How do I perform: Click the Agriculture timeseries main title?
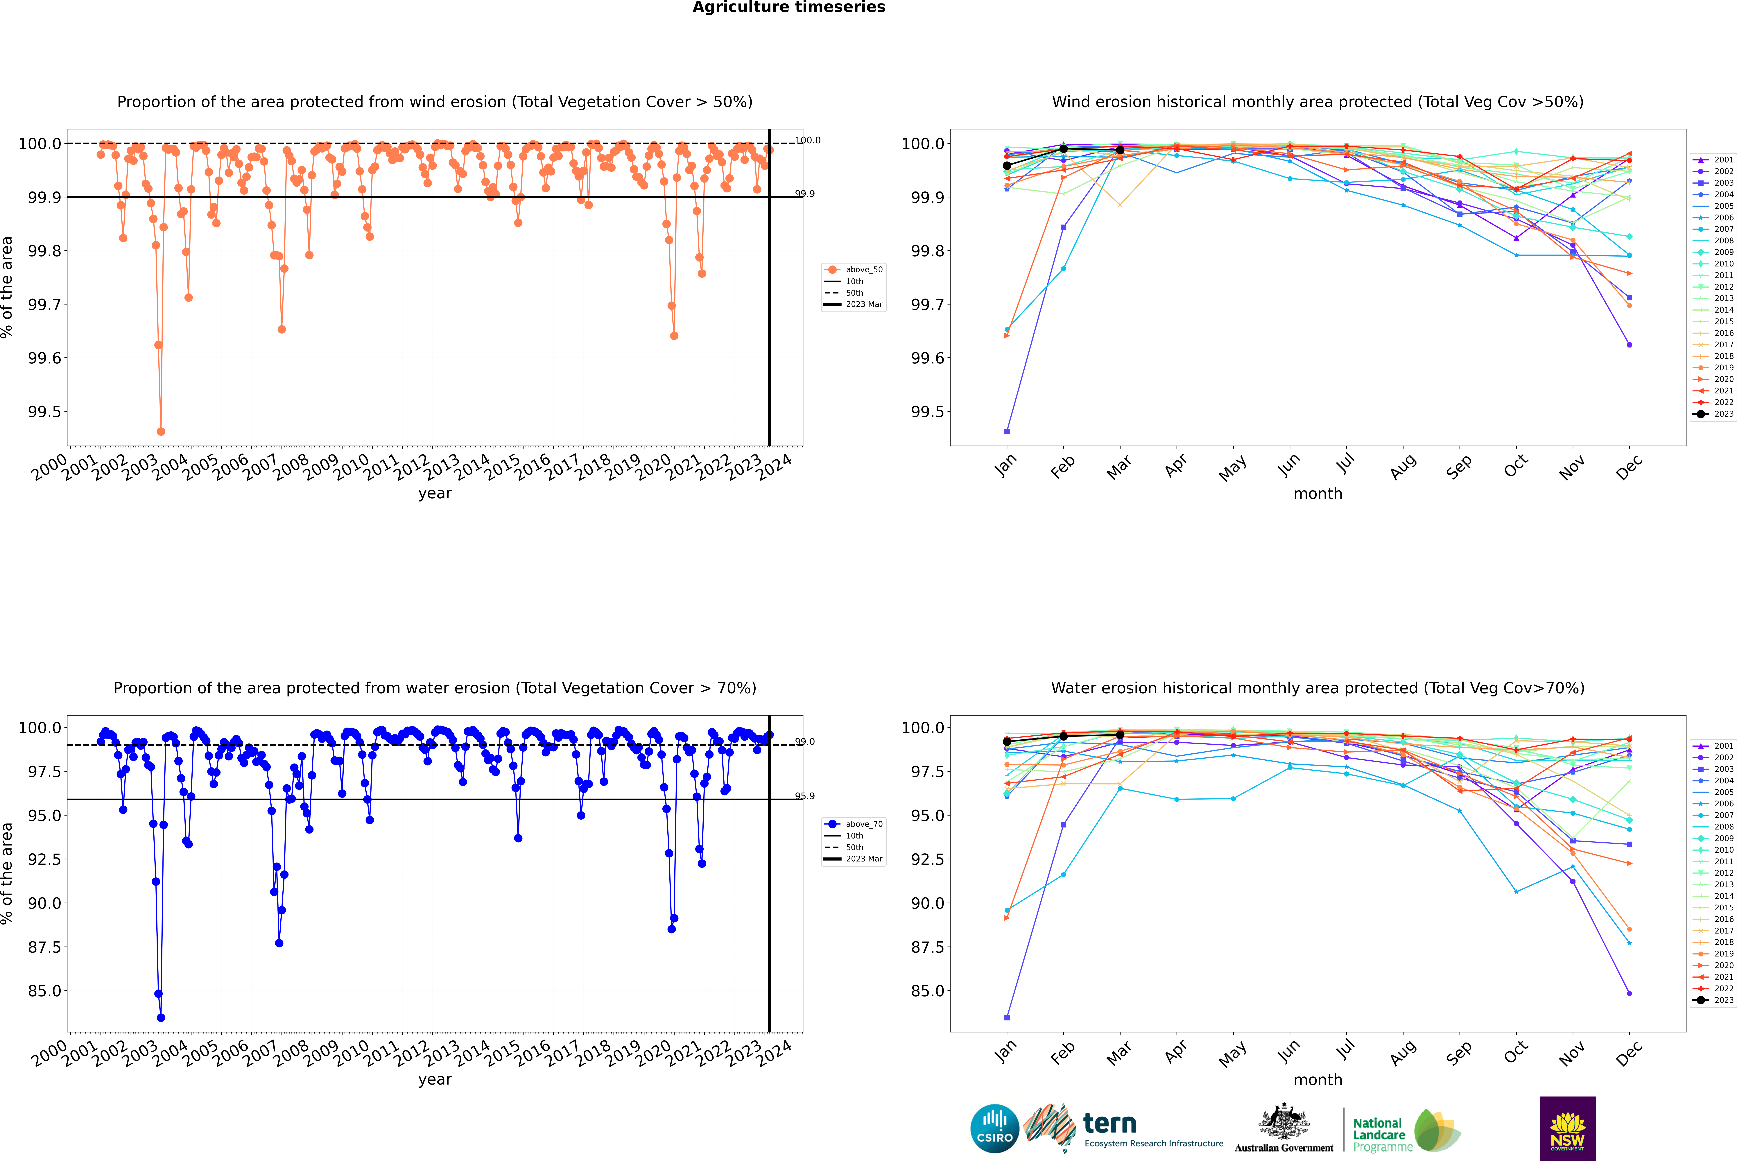click(x=788, y=7)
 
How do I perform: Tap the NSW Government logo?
click(x=1567, y=1128)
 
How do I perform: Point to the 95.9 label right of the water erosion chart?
click(x=805, y=796)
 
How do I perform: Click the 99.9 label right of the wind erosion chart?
click(x=805, y=194)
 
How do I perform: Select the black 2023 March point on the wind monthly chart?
click(x=1119, y=150)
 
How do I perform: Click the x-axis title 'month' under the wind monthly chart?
click(x=1317, y=494)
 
